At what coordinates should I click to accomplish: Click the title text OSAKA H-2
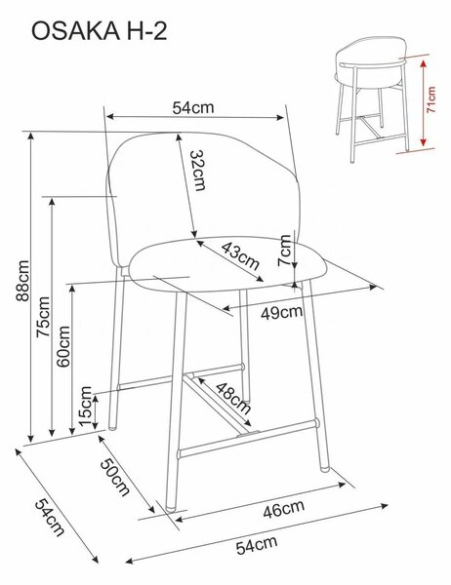coord(99,31)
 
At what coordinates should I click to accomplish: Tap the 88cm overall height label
coord(22,281)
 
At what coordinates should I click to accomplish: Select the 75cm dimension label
coord(43,317)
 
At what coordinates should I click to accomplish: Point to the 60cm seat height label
coord(63,346)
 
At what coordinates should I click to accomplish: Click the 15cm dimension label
coord(86,406)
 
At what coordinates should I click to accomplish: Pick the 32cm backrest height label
coord(197,170)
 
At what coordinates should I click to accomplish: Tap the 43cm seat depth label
coord(240,255)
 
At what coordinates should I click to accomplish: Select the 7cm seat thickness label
coord(285,250)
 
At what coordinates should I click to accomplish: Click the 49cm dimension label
coord(281,313)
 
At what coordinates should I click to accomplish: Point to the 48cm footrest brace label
coord(233,399)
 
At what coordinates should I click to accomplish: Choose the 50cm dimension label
coord(115,477)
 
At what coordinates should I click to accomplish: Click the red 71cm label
coord(430,100)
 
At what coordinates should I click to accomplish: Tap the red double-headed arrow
coord(423,103)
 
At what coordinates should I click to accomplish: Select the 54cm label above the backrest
coord(193,108)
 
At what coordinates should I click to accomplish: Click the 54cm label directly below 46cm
coord(257,545)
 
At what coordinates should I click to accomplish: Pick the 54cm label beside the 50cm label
coord(50,518)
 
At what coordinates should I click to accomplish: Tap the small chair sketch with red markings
coord(374,98)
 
